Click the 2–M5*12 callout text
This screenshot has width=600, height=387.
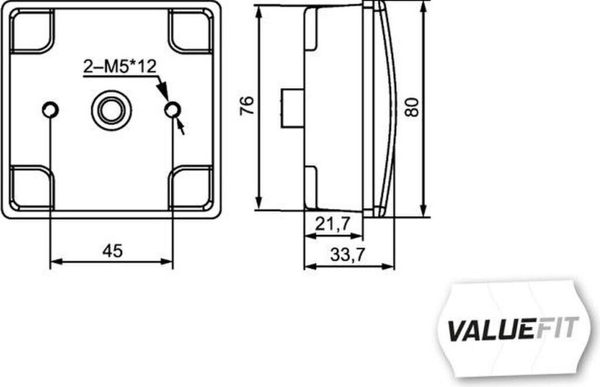(x=120, y=67)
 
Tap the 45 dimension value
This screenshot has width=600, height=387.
(x=112, y=251)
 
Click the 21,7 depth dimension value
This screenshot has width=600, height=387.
(x=332, y=223)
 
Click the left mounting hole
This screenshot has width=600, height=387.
(x=50, y=110)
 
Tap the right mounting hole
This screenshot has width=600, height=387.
(x=173, y=110)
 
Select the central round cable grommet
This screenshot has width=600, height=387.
(x=111, y=110)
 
